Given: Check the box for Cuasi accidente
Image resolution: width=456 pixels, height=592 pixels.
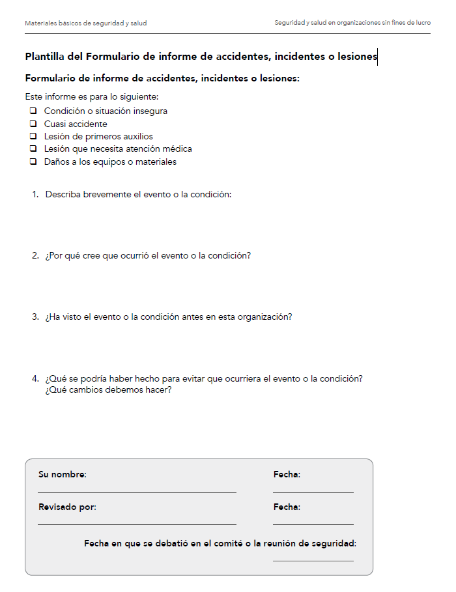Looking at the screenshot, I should [x=32, y=124].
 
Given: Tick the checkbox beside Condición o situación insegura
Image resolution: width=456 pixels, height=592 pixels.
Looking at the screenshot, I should [x=32, y=111].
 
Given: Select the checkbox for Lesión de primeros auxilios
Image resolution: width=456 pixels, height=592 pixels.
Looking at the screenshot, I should [x=32, y=137].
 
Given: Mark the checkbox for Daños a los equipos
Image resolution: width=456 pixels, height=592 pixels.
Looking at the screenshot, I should [x=32, y=162].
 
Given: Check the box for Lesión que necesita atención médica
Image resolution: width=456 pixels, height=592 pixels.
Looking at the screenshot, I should [x=32, y=149].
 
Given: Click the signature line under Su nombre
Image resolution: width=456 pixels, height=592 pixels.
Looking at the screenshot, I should [x=137, y=491].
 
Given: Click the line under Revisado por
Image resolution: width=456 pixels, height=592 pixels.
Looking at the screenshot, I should [x=137, y=523].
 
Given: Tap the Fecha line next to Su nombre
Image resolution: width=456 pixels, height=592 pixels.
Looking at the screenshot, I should [x=313, y=491].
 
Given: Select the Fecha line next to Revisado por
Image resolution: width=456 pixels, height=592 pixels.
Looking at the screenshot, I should [x=313, y=523].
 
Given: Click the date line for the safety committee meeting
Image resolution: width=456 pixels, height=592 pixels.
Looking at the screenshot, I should [x=313, y=559].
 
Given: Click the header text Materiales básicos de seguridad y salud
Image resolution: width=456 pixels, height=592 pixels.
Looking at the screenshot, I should [x=85, y=23].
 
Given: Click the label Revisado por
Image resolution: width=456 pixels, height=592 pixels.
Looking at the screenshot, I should [x=67, y=507].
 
